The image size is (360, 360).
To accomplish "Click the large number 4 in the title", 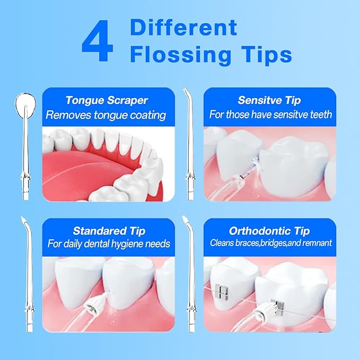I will (98, 42).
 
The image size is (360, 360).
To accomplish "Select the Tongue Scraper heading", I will (107, 100).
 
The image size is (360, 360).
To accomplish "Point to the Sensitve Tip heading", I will (269, 100).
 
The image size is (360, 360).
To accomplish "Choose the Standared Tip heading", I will (108, 231).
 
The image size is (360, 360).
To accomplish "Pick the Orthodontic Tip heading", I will (269, 231).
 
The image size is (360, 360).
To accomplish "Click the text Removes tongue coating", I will (106, 115).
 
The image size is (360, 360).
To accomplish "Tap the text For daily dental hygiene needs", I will (108, 244).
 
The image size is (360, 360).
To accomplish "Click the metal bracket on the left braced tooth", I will (224, 291).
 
